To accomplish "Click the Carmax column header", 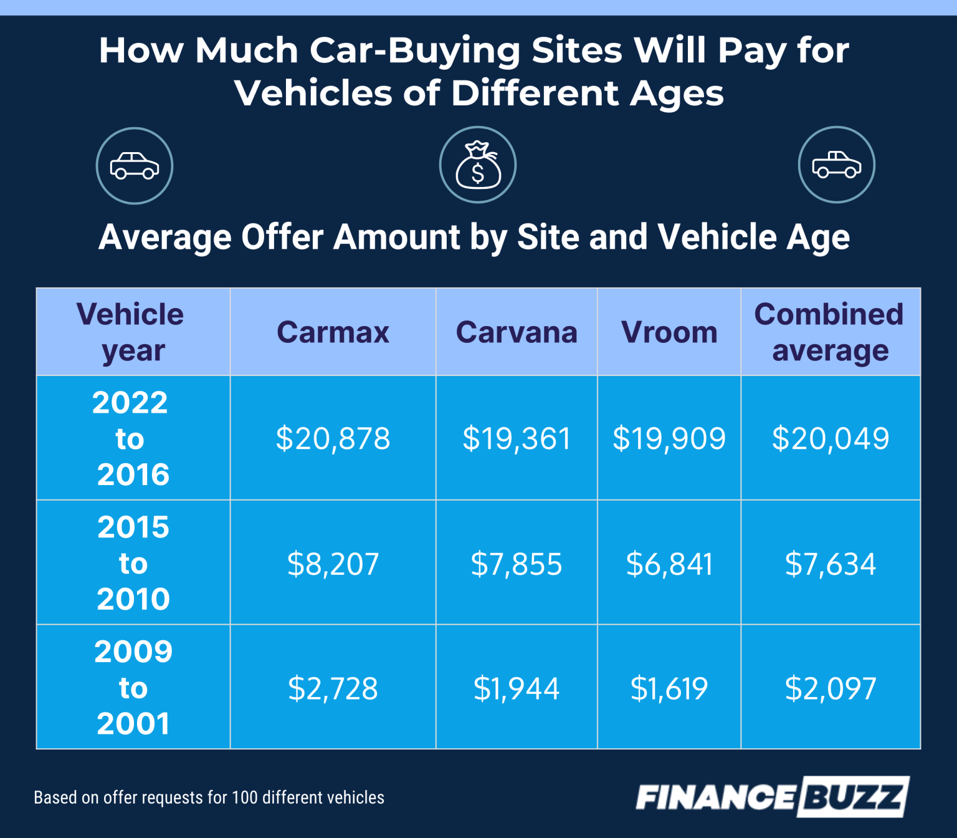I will [x=333, y=332].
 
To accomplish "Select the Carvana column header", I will [x=517, y=332].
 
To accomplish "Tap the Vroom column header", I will [x=669, y=332].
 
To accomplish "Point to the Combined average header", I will [x=830, y=332].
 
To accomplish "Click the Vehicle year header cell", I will [x=131, y=332].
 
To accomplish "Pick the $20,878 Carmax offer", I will [x=333, y=438].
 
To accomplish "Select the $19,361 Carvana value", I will [x=517, y=438].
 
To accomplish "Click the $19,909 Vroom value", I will [x=669, y=438].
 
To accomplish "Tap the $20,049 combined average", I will [x=830, y=438].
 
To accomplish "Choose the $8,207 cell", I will [x=333, y=564].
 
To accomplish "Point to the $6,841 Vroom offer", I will [x=669, y=564].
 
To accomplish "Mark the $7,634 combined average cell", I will [x=830, y=564].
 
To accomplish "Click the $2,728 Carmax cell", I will [x=333, y=688].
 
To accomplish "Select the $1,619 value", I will [x=669, y=688].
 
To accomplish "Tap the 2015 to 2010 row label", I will [x=133, y=563].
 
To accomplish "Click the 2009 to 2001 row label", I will [x=133, y=688].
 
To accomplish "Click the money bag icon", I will [x=478, y=165].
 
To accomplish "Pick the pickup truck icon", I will [x=836, y=165].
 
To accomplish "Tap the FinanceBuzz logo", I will [x=772, y=797].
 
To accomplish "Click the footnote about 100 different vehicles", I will [x=209, y=797].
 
